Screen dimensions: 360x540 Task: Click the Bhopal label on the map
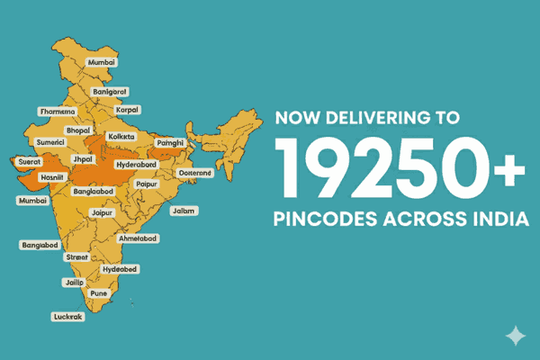[x=78, y=130]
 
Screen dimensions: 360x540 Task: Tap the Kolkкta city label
[x=121, y=137]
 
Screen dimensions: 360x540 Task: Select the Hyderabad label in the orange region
[x=138, y=165]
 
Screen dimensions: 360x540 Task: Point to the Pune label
[x=99, y=293]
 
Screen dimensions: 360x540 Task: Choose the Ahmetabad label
[x=139, y=238]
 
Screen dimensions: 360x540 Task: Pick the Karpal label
[x=128, y=109]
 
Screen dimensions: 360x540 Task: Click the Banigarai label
[x=110, y=91]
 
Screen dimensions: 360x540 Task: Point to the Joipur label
[x=103, y=213]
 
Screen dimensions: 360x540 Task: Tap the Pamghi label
[x=170, y=142]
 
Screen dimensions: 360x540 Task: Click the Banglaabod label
[x=93, y=193]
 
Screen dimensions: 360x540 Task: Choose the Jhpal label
[x=83, y=159]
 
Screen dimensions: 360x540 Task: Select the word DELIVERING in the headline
[x=377, y=117]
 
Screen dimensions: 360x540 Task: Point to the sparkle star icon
[x=516, y=336]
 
